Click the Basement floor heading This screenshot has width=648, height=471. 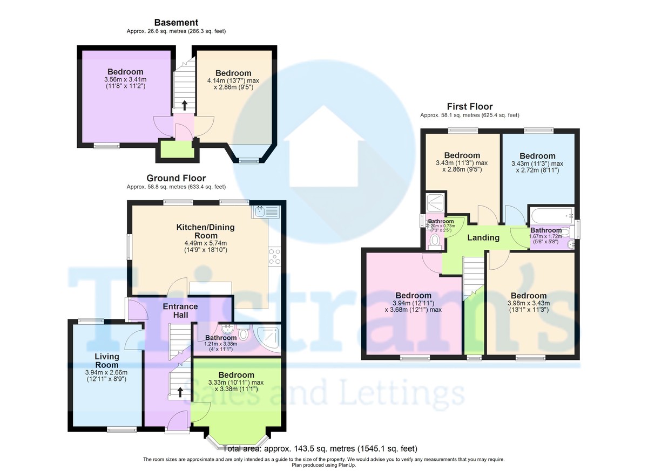(176, 23)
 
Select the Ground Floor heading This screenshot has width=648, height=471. (176, 178)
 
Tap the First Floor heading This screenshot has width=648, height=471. (469, 106)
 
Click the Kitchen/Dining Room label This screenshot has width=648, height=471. (205, 227)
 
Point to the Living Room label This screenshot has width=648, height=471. (106, 361)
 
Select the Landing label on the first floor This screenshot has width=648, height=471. (483, 237)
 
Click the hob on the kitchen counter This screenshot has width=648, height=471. (274, 255)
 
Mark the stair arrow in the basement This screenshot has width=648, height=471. (185, 105)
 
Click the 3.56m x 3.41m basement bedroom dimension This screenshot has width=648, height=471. (125, 81)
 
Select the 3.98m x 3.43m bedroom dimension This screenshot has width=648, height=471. (528, 306)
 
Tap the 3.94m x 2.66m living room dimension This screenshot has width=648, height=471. (106, 376)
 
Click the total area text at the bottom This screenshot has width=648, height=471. (320, 448)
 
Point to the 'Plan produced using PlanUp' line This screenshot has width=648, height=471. (323, 465)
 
